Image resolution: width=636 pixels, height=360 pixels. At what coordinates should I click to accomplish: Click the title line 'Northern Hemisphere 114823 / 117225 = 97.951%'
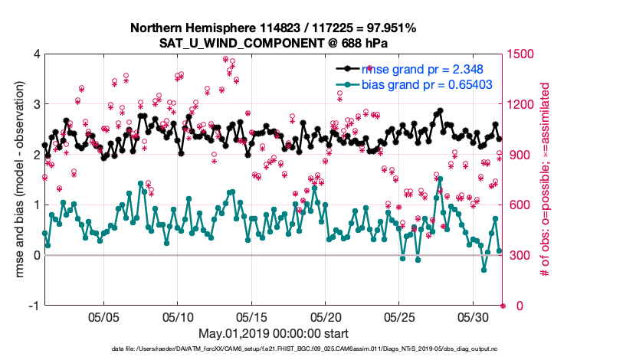(273, 28)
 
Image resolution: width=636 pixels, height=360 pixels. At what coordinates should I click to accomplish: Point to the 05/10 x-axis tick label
(178, 317)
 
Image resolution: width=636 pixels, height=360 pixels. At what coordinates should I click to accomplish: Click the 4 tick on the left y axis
(37, 54)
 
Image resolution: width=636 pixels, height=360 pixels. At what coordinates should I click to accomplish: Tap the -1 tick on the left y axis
(34, 306)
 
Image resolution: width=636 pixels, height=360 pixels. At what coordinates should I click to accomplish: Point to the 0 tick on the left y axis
(37, 255)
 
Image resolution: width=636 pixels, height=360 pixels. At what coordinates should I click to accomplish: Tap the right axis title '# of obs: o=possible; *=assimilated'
(546, 180)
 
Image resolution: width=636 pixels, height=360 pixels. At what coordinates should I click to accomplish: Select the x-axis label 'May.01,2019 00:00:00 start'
(273, 333)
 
